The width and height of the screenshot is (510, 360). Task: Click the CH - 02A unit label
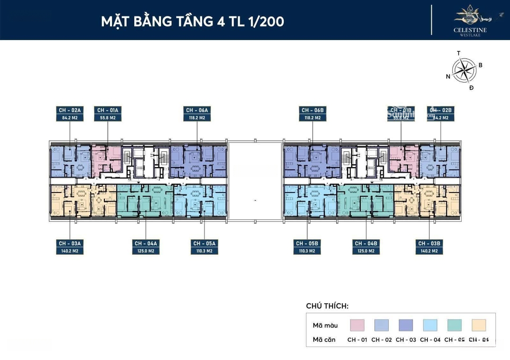(x=70, y=110)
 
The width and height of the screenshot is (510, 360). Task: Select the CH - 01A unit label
(x=108, y=110)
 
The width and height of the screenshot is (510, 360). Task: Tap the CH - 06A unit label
(x=196, y=110)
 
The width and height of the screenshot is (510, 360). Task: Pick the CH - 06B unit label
(x=312, y=110)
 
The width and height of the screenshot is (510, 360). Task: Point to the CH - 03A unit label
(x=70, y=243)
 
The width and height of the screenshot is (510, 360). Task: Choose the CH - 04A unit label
(x=145, y=243)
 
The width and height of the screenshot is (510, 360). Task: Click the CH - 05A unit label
(x=204, y=243)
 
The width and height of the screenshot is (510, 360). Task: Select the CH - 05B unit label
(x=307, y=243)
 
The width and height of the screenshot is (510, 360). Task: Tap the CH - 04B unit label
(x=366, y=243)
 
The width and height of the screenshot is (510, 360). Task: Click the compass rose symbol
(x=464, y=70)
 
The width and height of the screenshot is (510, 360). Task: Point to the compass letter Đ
(x=471, y=88)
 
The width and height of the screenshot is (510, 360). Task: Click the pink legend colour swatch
(x=357, y=325)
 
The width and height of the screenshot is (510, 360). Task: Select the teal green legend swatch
(x=454, y=325)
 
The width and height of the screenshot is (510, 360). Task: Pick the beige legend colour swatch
(x=478, y=325)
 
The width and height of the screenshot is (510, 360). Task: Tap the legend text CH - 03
(x=406, y=340)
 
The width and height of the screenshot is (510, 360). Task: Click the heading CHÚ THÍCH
(x=327, y=306)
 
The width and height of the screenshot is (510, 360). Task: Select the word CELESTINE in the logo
(x=470, y=30)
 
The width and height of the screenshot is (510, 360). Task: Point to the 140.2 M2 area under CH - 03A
(x=70, y=251)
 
